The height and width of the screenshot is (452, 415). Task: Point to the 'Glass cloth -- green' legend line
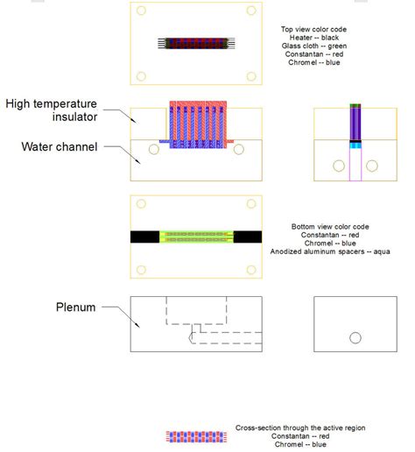[313, 46]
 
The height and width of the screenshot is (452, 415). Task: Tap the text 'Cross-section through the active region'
[300, 428]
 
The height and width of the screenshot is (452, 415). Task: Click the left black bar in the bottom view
[145, 236]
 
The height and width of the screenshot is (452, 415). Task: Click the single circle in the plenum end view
[355, 337]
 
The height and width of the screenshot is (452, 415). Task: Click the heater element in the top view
[196, 42]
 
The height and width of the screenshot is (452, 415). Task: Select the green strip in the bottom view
[196, 236]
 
